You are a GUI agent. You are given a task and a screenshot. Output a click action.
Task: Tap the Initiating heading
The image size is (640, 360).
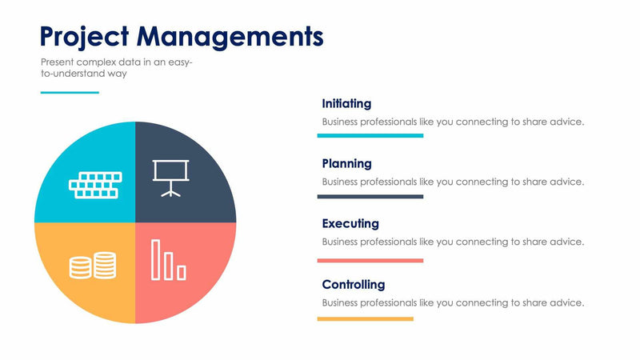346,103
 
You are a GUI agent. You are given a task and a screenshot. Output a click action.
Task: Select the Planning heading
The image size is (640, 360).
346,163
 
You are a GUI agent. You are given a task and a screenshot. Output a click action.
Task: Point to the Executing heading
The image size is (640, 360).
350,223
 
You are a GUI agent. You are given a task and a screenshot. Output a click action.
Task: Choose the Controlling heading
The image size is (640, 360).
353,284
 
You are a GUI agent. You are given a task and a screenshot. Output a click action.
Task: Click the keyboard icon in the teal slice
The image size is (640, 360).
94,185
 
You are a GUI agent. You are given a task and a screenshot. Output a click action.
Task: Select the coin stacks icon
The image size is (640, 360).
93,265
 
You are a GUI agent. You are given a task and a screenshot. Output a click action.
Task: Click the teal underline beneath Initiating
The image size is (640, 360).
370,136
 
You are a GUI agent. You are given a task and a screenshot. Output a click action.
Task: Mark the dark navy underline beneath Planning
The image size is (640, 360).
370,196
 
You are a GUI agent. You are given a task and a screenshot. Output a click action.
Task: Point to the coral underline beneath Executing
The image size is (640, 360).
370,260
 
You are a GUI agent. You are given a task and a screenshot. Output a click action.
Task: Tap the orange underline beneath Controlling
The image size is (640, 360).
366,318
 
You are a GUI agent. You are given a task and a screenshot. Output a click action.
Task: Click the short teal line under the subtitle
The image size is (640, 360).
70,92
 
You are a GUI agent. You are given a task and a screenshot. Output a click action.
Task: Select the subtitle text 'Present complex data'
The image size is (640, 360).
90,62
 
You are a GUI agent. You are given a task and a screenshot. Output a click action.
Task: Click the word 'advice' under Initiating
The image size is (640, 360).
568,122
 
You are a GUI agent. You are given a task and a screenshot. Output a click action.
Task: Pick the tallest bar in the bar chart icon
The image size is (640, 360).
156,258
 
